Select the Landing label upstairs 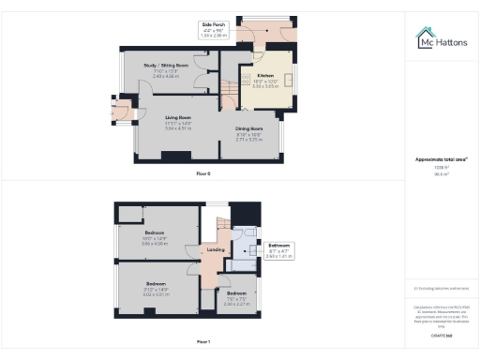click(214, 249)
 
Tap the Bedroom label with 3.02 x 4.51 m click(156, 283)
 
